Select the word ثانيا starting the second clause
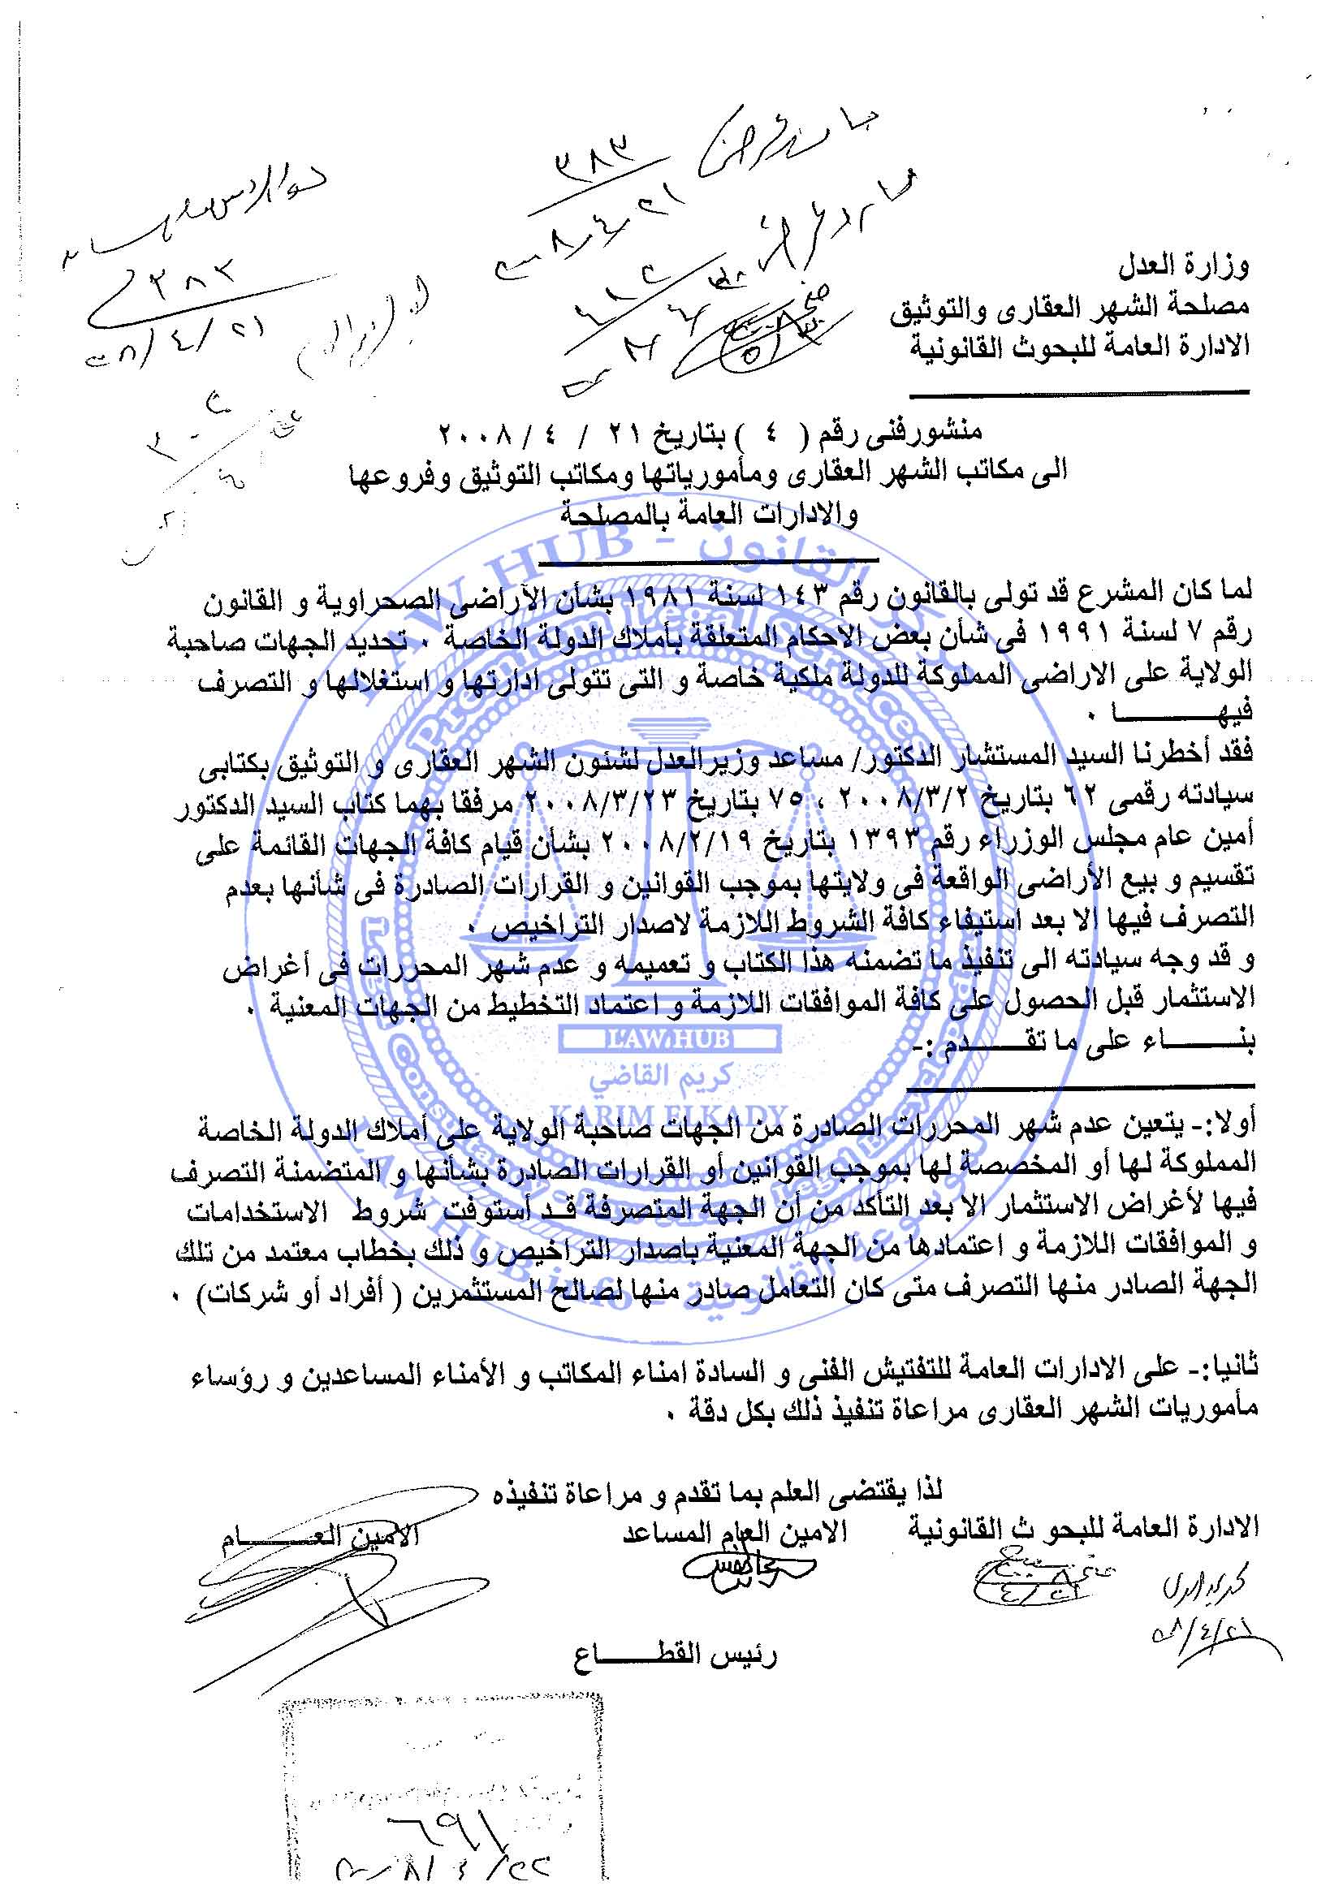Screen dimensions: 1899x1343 1233,1369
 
